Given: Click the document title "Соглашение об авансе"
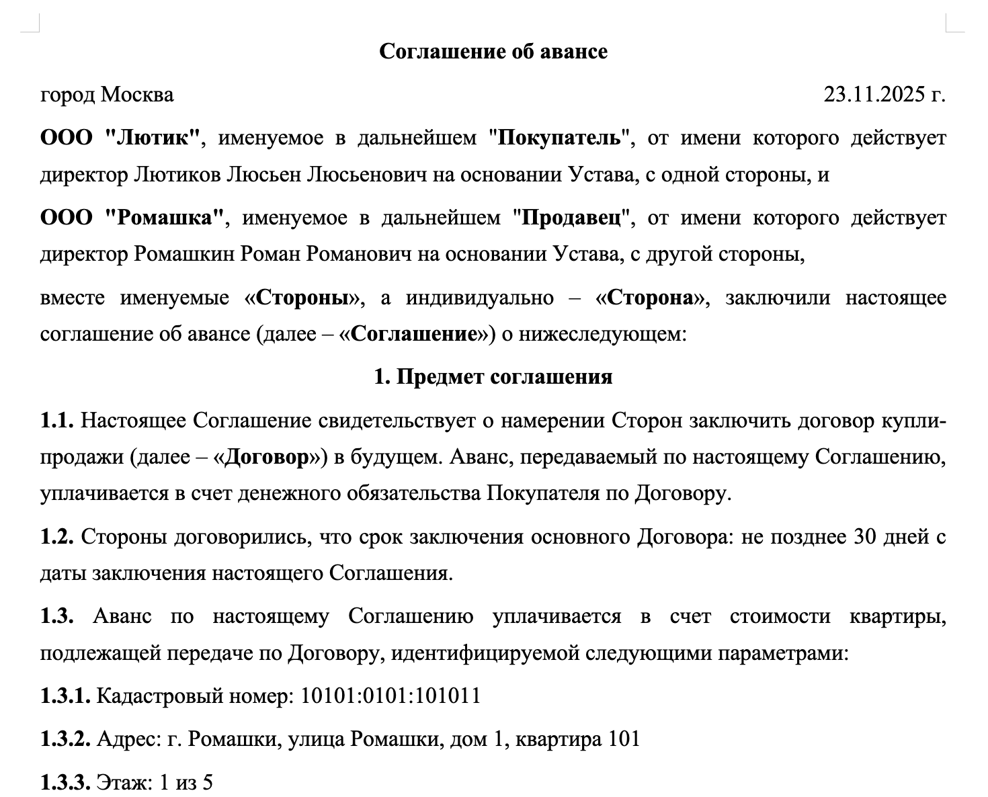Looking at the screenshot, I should [493, 52].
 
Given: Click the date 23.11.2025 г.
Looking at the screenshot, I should [884, 95].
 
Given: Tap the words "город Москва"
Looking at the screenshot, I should [107, 95].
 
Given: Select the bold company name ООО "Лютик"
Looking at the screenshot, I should [121, 138].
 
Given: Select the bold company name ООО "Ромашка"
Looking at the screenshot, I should [132, 218].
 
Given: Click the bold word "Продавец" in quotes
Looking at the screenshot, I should [572, 218].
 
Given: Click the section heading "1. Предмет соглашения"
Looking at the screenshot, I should [493, 377].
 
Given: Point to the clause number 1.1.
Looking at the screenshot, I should [57, 421].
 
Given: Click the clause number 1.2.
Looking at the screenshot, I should [57, 537].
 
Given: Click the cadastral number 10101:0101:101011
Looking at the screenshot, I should [390, 696].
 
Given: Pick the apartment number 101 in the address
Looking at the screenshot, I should [624, 739].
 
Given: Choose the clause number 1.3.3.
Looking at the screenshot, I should [65, 783].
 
